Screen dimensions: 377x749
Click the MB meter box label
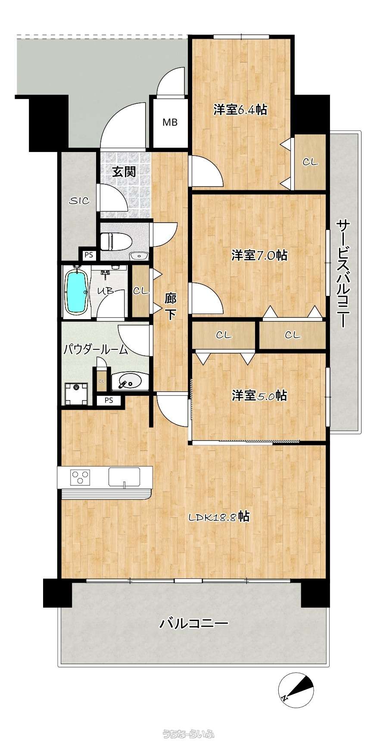[x=170, y=122]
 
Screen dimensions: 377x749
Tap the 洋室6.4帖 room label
[x=240, y=110]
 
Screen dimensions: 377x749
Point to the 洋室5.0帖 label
[x=259, y=395]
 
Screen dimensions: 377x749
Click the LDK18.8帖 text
[x=219, y=516]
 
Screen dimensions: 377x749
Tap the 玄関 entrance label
[x=124, y=172]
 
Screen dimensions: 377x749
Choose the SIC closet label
[x=79, y=200]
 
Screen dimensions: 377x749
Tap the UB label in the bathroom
[x=105, y=291]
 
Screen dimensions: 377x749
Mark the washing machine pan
[x=76, y=394]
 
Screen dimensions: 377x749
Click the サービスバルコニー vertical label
[x=342, y=273]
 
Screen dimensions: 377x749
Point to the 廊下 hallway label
[x=171, y=306]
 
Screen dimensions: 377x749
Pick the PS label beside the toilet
[x=89, y=255]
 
